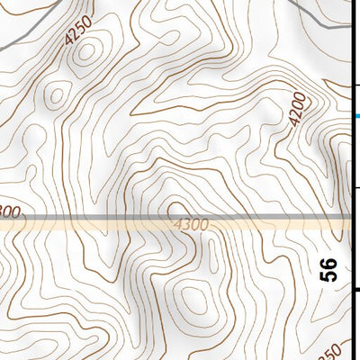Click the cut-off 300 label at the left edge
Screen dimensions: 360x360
tap(9, 212)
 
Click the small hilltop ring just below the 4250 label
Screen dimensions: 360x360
tap(86, 53)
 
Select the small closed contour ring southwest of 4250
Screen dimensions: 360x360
tap(58, 92)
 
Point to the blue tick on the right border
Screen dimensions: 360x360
tap(356, 116)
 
